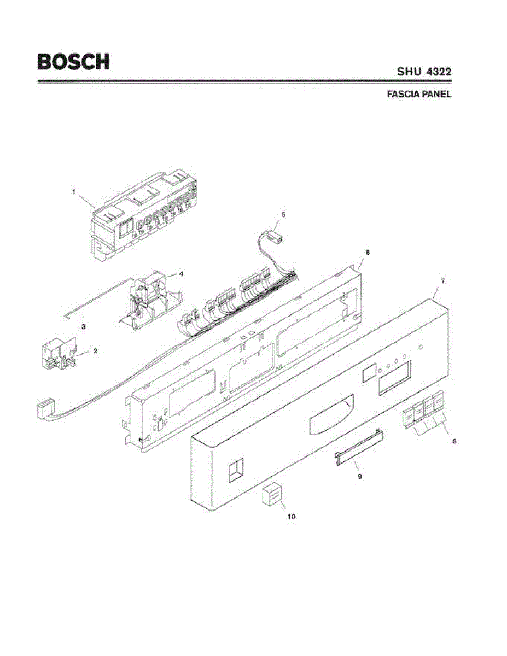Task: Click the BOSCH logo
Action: pyautogui.click(x=73, y=61)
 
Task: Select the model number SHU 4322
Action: pyautogui.click(x=423, y=72)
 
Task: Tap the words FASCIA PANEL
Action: pyautogui.click(x=418, y=94)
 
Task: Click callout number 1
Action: pyautogui.click(x=73, y=192)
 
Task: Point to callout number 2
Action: pyautogui.click(x=95, y=351)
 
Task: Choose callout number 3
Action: pyautogui.click(x=83, y=326)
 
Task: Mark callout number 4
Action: pyautogui.click(x=180, y=273)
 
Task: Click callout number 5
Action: pyautogui.click(x=283, y=214)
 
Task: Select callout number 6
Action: pyautogui.click(x=367, y=253)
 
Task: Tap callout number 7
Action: pyautogui.click(x=442, y=280)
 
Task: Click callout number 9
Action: pyautogui.click(x=360, y=477)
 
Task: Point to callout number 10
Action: pyautogui.click(x=292, y=516)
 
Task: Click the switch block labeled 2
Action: pyautogui.click(x=59, y=355)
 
